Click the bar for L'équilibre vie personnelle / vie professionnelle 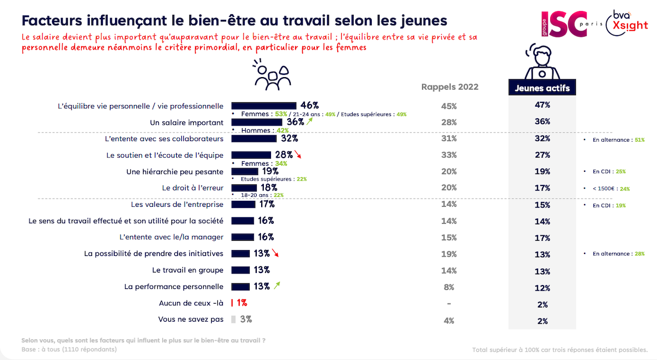pyautogui.click(x=264, y=106)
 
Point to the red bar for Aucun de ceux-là pyautogui.click(x=232, y=303)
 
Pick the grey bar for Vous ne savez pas pyautogui.click(x=234, y=319)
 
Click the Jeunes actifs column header pyautogui.click(x=542, y=88)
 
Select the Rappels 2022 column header pyautogui.click(x=449, y=87)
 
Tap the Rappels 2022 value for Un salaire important pyautogui.click(x=449, y=123)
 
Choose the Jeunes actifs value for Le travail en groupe pyautogui.click(x=542, y=271)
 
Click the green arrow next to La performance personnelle pyautogui.click(x=277, y=284)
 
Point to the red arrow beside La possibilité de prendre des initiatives pyautogui.click(x=275, y=253)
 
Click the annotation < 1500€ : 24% pyautogui.click(x=611, y=189)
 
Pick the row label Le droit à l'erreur pyautogui.click(x=193, y=188)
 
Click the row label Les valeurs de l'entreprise pyautogui.click(x=177, y=204)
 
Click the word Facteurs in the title pyautogui.click(x=50, y=20)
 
